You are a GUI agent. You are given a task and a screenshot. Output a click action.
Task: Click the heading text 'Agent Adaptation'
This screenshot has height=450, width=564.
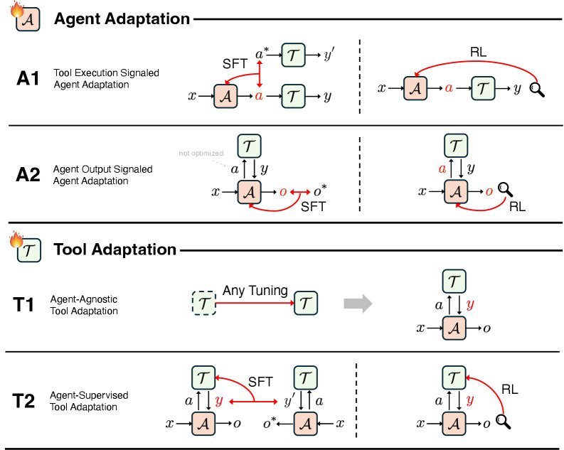[x=122, y=19]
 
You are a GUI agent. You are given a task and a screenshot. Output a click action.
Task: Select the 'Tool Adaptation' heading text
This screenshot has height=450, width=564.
[x=115, y=250]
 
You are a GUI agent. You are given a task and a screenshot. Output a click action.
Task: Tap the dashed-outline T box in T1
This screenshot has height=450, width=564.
[x=204, y=304]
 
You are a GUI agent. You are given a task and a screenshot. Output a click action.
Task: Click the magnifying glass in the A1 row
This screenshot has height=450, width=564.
[x=538, y=90]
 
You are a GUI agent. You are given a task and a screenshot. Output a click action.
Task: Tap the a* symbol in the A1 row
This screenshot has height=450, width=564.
[x=262, y=53]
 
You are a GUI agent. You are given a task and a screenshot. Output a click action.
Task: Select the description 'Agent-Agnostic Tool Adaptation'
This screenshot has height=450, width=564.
[x=84, y=306]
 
